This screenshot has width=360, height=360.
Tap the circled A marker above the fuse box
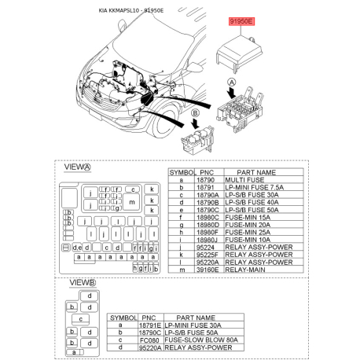pyautogui.click(x=232, y=82)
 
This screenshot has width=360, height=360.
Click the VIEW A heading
pyautogui.click(x=77, y=167)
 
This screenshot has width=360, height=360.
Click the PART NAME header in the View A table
pyautogui.click(x=255, y=171)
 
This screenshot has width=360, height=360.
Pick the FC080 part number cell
pyautogui.click(x=149, y=339)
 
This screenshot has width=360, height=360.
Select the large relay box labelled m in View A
pyautogui.click(x=131, y=202)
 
